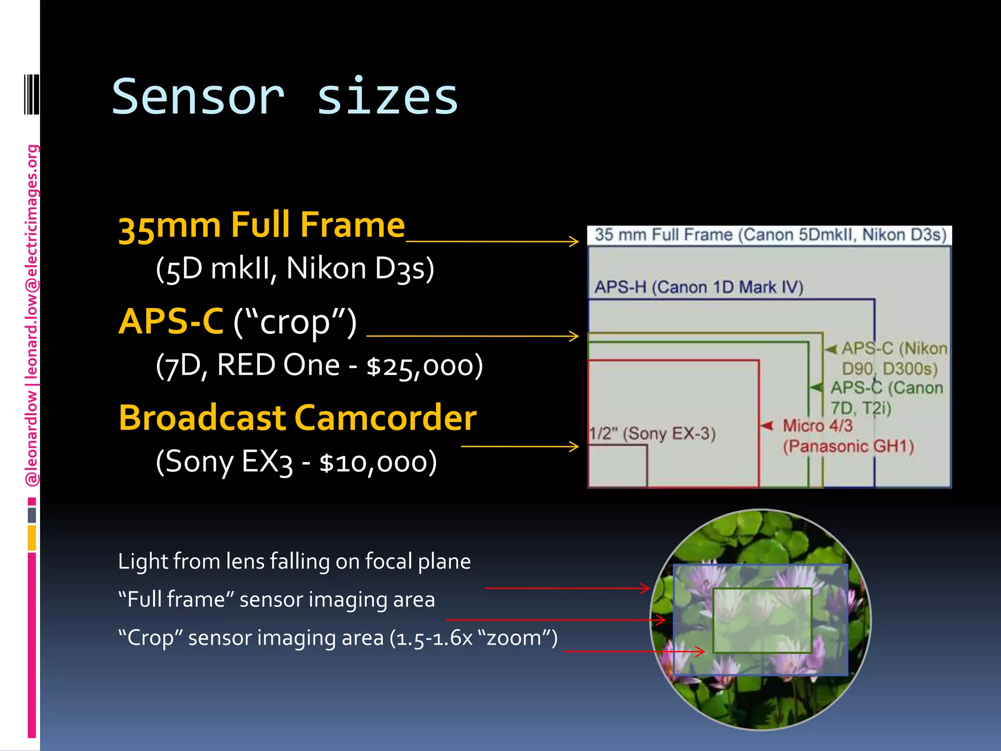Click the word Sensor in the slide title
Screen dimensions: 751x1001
198,97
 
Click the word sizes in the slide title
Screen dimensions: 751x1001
387,97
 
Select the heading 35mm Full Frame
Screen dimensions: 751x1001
261,225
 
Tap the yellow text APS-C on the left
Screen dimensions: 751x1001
171,322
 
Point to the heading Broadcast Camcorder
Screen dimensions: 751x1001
297,418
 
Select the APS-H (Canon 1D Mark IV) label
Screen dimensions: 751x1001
698,287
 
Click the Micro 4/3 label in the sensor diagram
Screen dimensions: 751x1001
817,426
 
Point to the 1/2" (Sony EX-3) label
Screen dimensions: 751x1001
652,433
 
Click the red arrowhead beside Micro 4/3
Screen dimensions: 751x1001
767,425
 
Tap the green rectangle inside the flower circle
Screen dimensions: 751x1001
762,620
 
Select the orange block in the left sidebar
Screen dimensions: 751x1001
32,538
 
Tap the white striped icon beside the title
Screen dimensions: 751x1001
31,94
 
